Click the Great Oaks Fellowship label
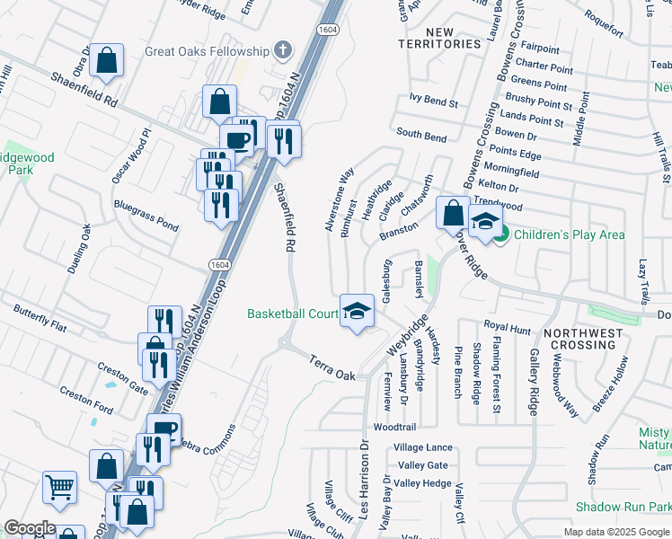tap(207, 51)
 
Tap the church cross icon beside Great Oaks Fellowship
tap(283, 49)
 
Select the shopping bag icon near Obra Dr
tap(107, 62)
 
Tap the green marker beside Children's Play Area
tap(501, 235)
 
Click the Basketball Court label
tap(292, 314)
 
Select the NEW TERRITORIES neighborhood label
tap(441, 38)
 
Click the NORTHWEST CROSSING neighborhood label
tap(597, 339)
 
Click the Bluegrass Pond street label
tap(145, 216)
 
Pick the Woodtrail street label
tap(396, 428)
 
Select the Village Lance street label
tap(423, 447)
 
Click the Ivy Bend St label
tap(433, 102)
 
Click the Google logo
tap(30, 528)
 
